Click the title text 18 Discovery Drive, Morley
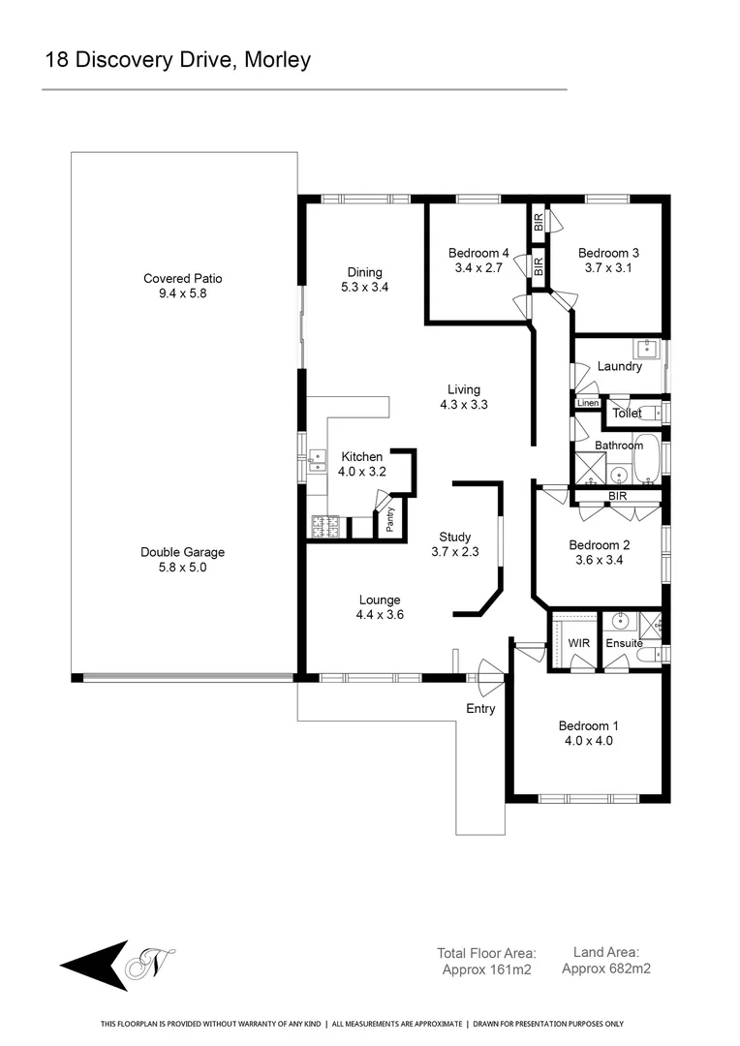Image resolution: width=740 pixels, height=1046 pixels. click(177, 60)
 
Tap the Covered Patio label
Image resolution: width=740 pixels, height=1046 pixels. click(183, 279)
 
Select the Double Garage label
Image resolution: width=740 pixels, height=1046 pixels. click(183, 552)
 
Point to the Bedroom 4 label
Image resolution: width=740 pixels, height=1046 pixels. click(478, 253)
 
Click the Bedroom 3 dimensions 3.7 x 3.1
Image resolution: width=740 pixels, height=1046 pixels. click(608, 268)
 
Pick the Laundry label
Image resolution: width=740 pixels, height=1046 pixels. click(619, 366)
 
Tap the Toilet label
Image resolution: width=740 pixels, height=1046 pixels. click(627, 414)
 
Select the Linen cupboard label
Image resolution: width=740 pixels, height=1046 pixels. click(588, 403)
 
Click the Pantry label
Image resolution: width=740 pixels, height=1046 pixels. click(390, 520)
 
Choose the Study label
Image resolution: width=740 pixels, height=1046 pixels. click(454, 537)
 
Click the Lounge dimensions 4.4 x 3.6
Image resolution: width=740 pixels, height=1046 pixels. click(379, 614)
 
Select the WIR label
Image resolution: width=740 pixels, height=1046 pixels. click(578, 643)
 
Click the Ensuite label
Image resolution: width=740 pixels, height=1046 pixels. click(624, 643)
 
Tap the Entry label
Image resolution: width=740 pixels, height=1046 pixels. click(480, 709)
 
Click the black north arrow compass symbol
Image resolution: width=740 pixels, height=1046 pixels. click(94, 965)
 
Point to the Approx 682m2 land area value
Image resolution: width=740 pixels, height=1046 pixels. click(606, 968)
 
